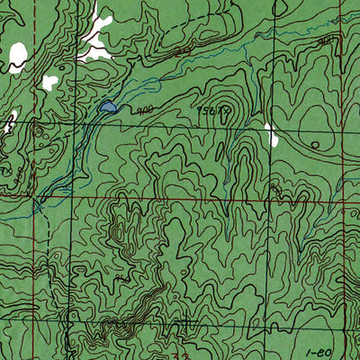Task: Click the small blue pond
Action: click(107, 108)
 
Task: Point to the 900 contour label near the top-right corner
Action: click(328, 40)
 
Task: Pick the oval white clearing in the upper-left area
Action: click(17, 55)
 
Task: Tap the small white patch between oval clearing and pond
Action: click(49, 82)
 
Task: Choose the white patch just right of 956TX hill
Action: click(271, 135)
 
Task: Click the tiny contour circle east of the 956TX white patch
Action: click(315, 144)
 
